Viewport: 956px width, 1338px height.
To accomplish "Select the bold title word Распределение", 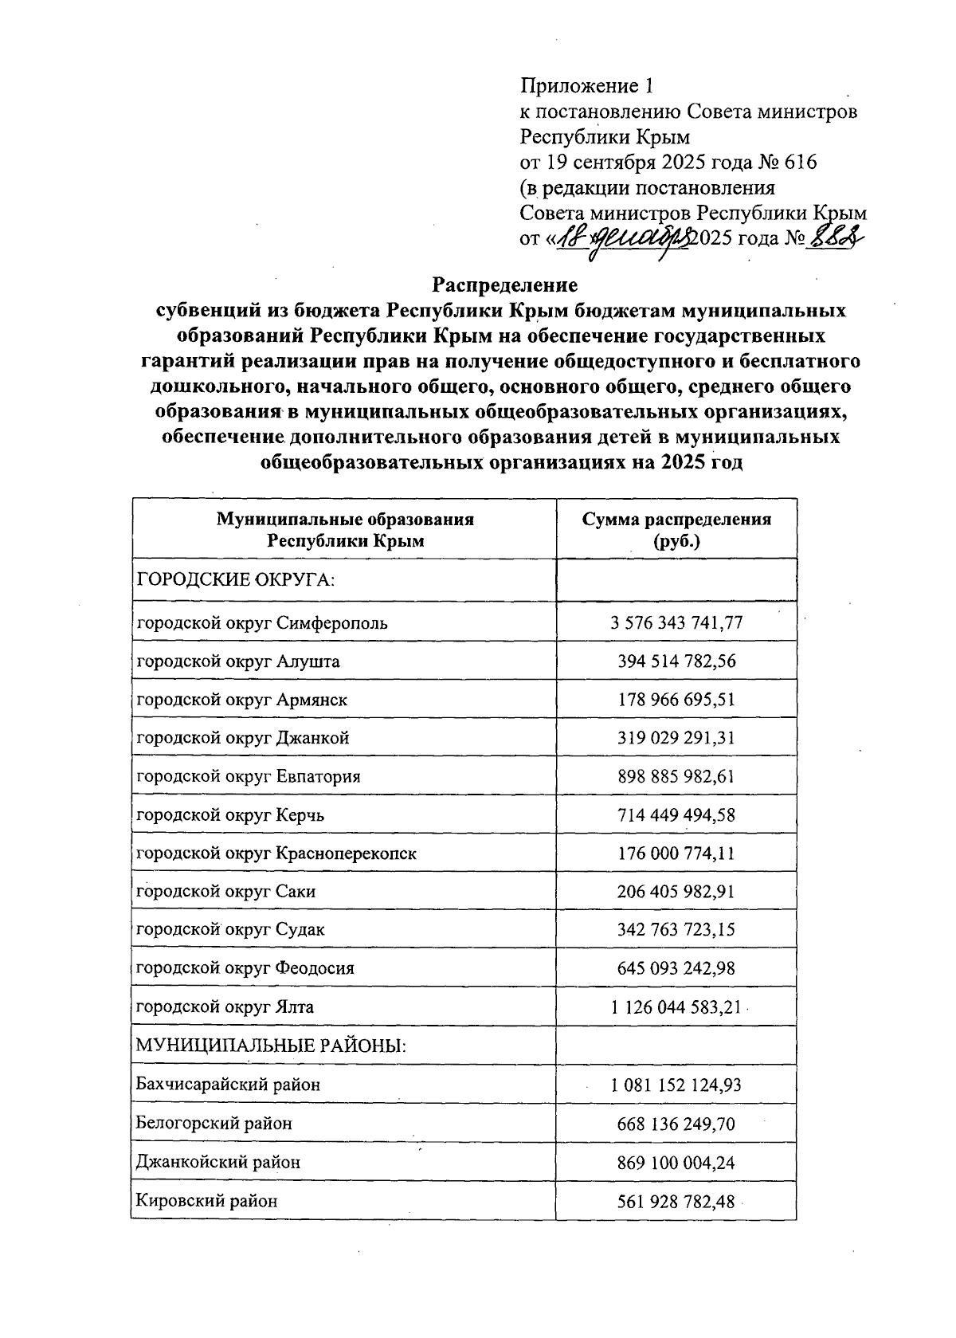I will (x=504, y=284).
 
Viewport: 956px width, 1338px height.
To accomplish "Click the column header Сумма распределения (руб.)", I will (x=676, y=529).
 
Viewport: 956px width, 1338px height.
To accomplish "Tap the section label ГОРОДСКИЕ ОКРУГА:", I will (x=236, y=579).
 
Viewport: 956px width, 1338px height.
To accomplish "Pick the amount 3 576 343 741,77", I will (x=676, y=622).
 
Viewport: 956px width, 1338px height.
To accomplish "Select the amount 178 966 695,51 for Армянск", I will (x=676, y=700).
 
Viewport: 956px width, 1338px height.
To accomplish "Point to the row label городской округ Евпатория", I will (x=249, y=776).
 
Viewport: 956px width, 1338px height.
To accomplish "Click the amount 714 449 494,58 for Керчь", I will (x=676, y=814).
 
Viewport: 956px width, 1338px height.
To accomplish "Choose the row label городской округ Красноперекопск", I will (x=276, y=853).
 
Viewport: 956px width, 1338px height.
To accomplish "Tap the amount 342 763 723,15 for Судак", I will (x=676, y=929).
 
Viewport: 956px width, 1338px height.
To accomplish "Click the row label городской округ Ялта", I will (x=225, y=1006).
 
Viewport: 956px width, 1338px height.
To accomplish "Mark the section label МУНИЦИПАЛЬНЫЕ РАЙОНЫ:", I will (x=271, y=1045).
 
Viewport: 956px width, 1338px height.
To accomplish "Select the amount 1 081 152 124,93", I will (x=676, y=1085).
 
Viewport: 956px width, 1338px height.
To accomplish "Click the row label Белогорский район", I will (x=214, y=1124).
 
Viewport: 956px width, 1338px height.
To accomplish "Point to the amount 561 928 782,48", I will (x=676, y=1200).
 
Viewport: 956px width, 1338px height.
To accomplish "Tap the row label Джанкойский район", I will (x=218, y=1162).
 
